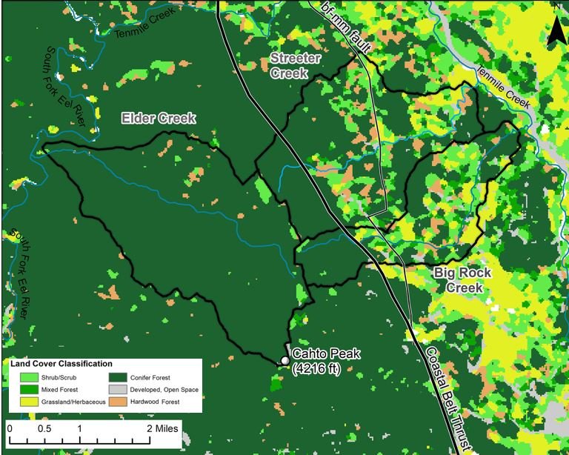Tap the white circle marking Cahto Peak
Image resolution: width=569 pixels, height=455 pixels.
(x=284, y=361)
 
